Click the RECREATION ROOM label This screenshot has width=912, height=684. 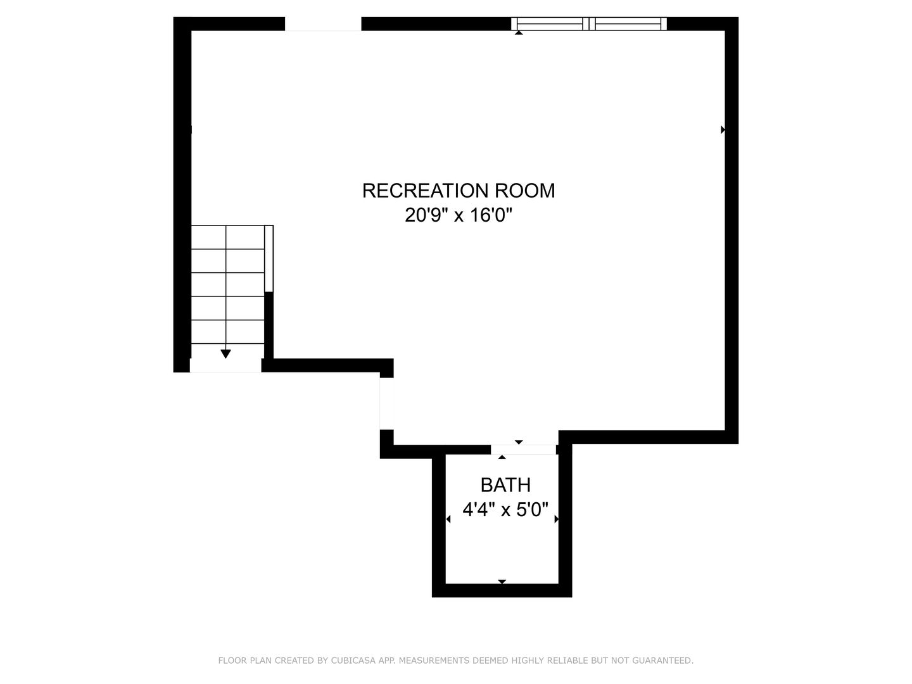tap(458, 191)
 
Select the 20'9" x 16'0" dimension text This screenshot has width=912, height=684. tap(458, 216)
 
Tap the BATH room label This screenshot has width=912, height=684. tap(505, 485)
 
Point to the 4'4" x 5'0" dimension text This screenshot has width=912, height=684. tap(505, 510)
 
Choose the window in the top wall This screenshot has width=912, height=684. tap(589, 24)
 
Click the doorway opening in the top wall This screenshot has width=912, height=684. tap(323, 24)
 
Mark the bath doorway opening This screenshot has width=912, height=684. tap(524, 450)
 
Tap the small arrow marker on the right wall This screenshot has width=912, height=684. tap(723, 130)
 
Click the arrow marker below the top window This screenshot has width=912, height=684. tap(519, 32)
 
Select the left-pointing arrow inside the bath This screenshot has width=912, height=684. tap(448, 519)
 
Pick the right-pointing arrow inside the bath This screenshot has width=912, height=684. tap(557, 519)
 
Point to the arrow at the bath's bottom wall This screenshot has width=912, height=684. tap(502, 581)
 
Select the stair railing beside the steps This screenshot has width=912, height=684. tap(269, 258)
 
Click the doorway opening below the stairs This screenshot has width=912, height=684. tap(225, 365)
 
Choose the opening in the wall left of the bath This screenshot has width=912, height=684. tap(386, 403)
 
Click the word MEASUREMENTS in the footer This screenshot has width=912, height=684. tap(432, 661)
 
